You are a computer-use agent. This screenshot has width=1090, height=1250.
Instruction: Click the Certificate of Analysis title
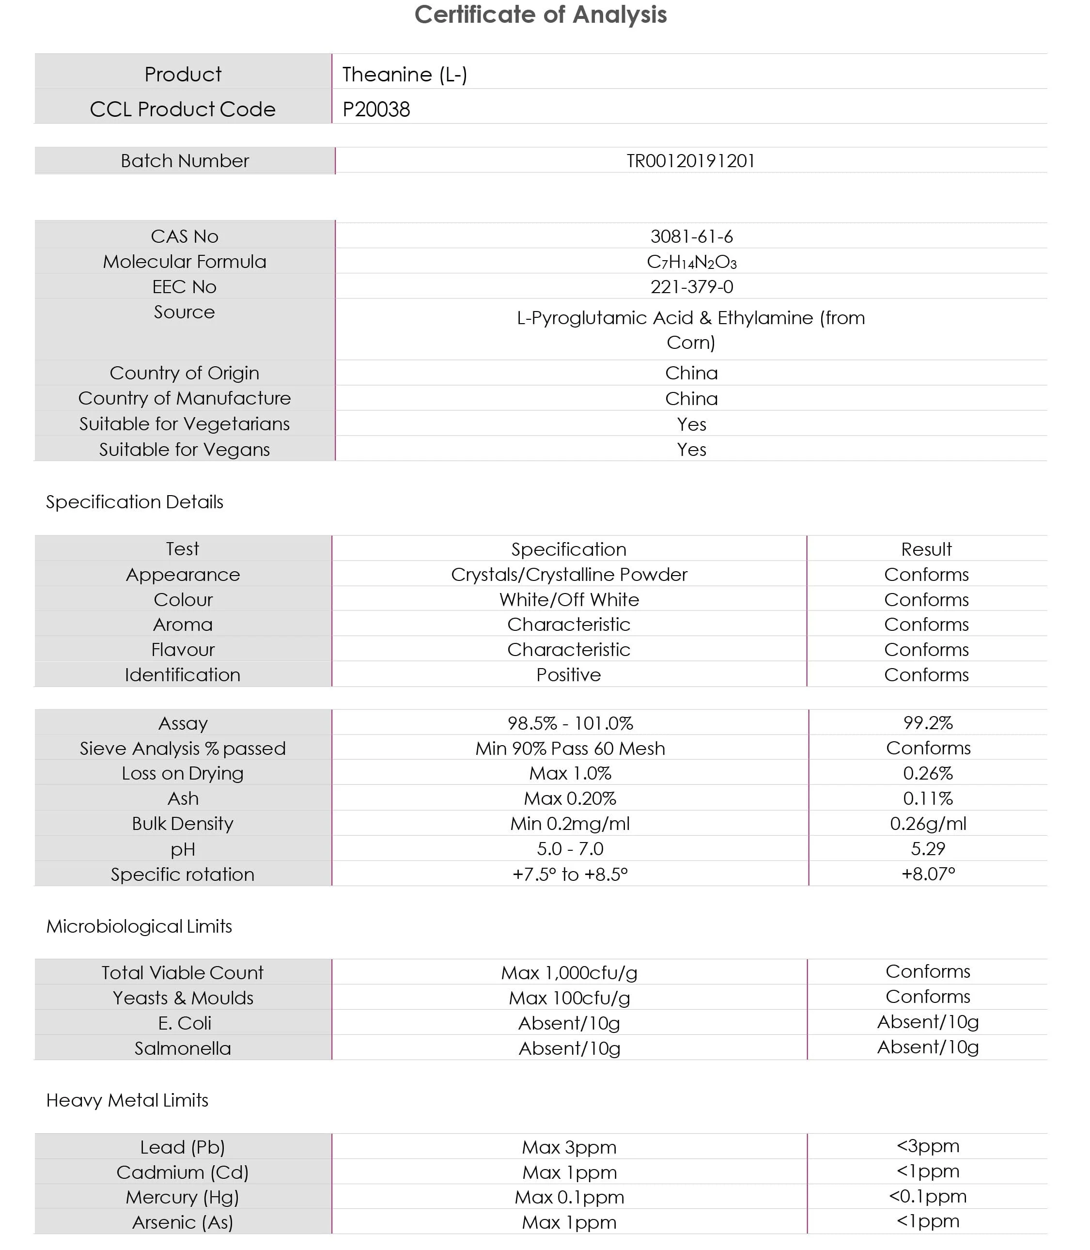[x=540, y=15]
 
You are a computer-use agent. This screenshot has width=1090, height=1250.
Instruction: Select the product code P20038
[x=376, y=109]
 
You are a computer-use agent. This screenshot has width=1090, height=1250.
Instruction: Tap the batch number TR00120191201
[x=690, y=161]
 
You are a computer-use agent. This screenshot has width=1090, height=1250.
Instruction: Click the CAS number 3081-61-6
[x=692, y=236]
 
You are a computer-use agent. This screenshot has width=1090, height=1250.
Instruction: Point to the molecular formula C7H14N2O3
[x=692, y=262]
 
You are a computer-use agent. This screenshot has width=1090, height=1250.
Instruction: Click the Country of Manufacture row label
[x=184, y=398]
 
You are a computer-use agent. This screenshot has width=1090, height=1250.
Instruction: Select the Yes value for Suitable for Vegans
[x=692, y=450]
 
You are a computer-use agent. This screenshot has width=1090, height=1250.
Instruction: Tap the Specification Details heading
[x=134, y=502]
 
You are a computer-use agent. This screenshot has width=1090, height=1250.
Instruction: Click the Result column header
[x=926, y=549]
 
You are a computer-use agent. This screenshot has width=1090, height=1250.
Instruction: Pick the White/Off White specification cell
[x=569, y=600]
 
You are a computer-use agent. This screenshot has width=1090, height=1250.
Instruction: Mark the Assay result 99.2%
[x=928, y=723]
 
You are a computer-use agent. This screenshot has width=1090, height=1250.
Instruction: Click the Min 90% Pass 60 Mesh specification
[x=570, y=748]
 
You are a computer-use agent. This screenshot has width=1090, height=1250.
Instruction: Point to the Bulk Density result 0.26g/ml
[x=928, y=824]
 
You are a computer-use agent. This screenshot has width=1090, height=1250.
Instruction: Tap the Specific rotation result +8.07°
[x=928, y=874]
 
